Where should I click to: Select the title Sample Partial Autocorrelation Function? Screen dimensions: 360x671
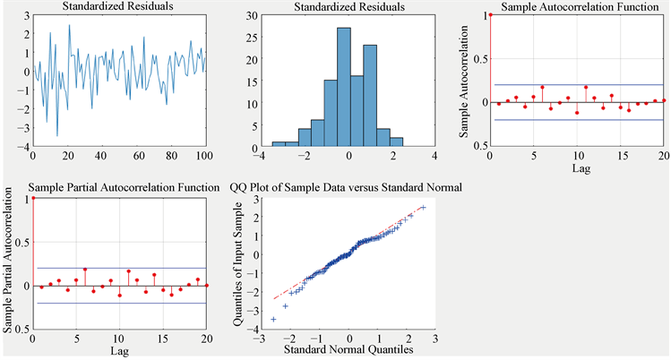click(125, 187)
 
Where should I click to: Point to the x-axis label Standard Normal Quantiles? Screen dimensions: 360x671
click(347, 350)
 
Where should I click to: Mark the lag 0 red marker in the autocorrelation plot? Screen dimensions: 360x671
click(490, 15)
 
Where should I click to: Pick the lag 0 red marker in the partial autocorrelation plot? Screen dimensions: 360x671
click(32, 198)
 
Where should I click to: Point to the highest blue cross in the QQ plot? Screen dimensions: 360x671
click(422, 208)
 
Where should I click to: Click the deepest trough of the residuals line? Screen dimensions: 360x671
click(57, 135)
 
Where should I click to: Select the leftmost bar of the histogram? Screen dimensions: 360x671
click(279, 144)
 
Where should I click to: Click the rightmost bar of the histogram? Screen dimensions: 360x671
click(397, 141)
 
